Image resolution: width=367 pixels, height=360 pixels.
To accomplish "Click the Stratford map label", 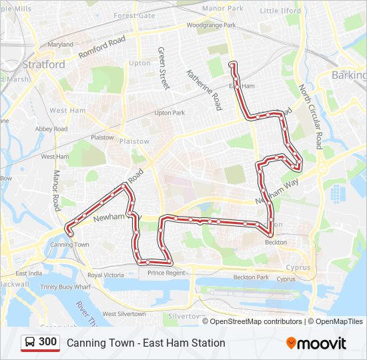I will [44, 65].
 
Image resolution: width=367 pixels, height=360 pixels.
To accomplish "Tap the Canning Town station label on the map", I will [69, 245].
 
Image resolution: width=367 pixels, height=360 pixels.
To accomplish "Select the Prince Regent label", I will [166, 273].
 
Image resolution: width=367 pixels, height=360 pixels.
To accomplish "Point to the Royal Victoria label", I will [105, 275].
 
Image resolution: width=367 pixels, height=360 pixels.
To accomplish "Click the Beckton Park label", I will [251, 277].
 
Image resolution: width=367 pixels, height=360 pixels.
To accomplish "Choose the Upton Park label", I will [169, 113].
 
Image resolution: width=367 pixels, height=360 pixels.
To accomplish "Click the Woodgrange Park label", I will [212, 25].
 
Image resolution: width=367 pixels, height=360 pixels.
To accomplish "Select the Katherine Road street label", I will [204, 90].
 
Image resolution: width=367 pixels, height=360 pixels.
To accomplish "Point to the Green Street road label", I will [163, 68].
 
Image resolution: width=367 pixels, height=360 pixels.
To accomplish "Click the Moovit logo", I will [316, 343].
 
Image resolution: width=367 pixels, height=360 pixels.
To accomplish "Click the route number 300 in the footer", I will [48, 342].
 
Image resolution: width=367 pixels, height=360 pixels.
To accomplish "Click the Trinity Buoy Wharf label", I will [65, 287].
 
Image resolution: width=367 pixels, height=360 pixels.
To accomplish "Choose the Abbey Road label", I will [52, 129].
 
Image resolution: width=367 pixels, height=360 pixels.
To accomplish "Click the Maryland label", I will [60, 45].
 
